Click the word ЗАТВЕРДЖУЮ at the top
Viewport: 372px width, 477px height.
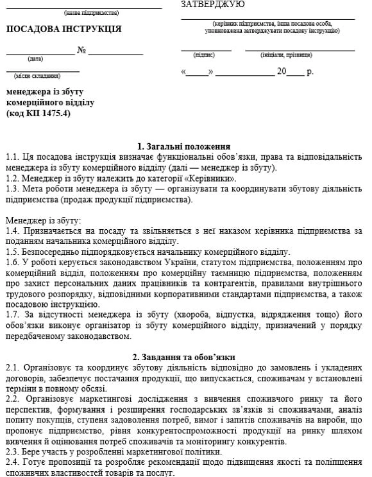(x=212, y=4)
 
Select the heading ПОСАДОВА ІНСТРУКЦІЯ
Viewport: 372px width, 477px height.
(x=63, y=30)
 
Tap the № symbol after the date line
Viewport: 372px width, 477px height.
(x=81, y=50)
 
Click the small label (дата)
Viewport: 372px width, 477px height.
(x=35, y=59)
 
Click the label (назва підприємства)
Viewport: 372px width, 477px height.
(x=92, y=13)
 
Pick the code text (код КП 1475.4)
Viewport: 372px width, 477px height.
(x=38, y=114)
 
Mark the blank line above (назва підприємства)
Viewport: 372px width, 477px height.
(x=92, y=8)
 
